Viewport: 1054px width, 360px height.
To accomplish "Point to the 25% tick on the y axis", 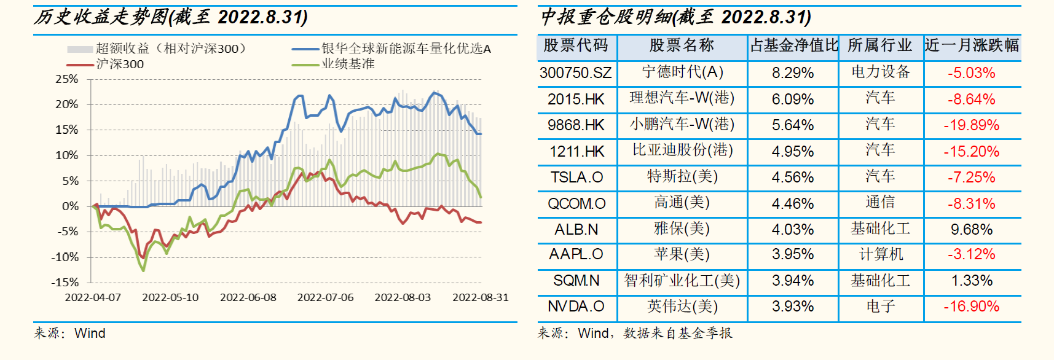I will coord(67,79).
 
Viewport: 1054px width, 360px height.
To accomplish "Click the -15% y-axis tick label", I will coord(65,283).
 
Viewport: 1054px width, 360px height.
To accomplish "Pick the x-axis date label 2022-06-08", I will coord(248,297).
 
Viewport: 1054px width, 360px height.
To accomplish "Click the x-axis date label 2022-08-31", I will coord(481,297).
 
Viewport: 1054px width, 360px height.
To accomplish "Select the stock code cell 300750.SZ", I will coord(576,73).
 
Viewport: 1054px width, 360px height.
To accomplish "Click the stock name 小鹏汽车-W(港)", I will coord(682,125).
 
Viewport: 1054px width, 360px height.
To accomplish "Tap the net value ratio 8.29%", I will coord(793,73).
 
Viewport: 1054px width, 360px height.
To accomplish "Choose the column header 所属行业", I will coord(880,45).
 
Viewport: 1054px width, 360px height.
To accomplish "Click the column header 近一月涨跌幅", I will coord(972,45).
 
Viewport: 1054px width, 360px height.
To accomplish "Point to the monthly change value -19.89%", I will coord(972,125).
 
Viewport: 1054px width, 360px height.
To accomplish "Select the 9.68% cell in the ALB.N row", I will coord(972,230).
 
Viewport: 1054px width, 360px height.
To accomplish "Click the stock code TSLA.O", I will coord(576,178).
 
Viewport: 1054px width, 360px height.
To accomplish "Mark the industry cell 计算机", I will coord(880,254).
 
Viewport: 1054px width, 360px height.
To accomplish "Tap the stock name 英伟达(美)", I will coord(682,307).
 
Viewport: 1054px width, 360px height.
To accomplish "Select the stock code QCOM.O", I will coord(576,203).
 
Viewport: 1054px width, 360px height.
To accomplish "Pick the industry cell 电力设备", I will coord(880,72).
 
